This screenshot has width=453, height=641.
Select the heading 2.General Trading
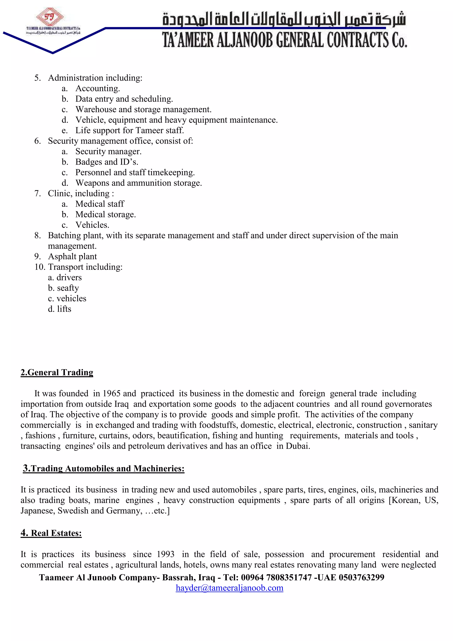coord(57,372)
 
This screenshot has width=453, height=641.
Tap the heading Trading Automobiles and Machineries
coord(107,468)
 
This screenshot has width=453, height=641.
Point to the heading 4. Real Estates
coord(51,533)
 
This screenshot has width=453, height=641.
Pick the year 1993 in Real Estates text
coord(165,554)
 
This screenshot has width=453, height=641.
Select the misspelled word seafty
coord(68,288)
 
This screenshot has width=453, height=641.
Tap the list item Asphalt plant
coord(72,256)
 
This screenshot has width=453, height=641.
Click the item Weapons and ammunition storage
coord(138,183)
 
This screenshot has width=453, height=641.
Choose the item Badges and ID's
coord(107,162)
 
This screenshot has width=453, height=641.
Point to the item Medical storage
coord(106,214)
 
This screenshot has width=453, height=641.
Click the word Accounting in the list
coord(97,88)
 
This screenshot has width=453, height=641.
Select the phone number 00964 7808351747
coord(276,577)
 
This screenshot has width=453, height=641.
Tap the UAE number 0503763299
coord(361,577)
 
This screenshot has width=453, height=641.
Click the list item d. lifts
coord(60,309)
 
